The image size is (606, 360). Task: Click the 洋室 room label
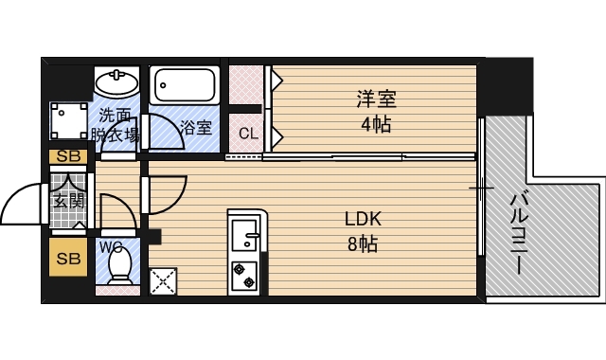(377, 99)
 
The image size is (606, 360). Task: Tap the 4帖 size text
(377, 124)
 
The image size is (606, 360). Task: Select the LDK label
(363, 219)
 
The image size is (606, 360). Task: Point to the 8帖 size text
(363, 244)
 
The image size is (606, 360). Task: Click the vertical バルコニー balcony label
(518, 234)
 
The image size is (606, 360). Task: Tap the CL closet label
(248, 134)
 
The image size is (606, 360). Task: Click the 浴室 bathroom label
(196, 127)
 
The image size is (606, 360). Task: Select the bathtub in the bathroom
(185, 85)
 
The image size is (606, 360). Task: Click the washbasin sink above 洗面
(116, 81)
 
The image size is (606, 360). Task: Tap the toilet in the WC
(120, 265)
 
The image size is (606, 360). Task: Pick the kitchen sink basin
(244, 235)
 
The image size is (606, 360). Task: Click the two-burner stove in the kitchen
(244, 277)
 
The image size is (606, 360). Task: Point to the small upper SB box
(68, 156)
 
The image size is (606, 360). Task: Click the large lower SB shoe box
(68, 258)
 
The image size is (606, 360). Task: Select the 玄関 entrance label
(69, 200)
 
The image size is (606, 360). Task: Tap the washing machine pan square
(69, 120)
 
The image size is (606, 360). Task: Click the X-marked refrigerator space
(163, 281)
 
